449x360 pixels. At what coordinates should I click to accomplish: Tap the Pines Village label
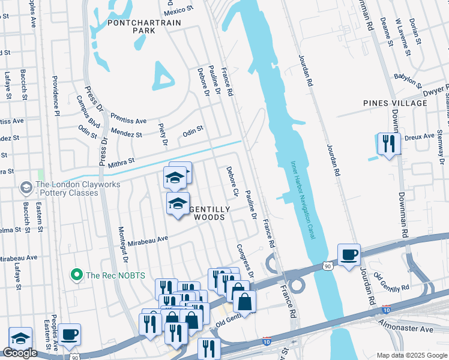click(x=395, y=103)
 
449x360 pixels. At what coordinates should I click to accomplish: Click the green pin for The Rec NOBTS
click(x=76, y=275)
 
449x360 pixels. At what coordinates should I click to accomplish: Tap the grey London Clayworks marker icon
click(x=26, y=188)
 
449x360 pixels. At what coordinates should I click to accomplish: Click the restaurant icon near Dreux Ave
click(x=388, y=143)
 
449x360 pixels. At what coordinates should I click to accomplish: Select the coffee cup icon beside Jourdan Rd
click(x=349, y=254)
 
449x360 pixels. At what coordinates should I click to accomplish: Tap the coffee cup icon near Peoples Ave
click(x=69, y=334)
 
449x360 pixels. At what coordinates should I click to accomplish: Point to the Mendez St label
click(x=126, y=132)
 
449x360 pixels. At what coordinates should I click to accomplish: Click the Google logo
click(x=20, y=353)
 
